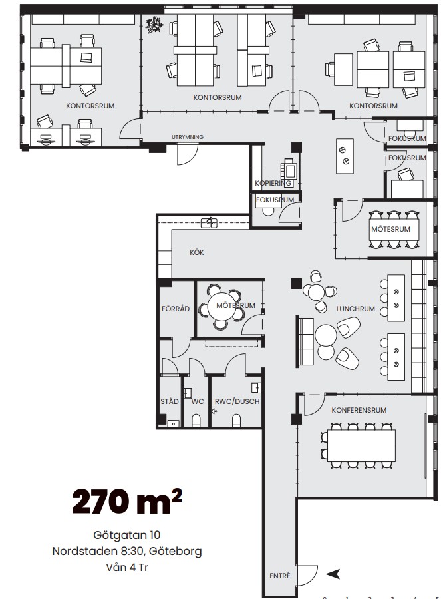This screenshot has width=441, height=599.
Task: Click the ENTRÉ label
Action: coord(279,576)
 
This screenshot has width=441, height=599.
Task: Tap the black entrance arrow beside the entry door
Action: coord(333,574)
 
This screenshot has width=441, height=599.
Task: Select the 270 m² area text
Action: coord(127,501)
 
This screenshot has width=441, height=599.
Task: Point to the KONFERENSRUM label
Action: coord(359,410)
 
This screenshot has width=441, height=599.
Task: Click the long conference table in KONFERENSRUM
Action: coord(362,445)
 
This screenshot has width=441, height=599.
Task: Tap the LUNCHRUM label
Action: coord(355,309)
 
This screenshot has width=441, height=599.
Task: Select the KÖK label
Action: coord(197,252)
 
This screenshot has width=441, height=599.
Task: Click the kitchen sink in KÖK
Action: coord(210,222)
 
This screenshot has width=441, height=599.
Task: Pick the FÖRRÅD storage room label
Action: coord(176,309)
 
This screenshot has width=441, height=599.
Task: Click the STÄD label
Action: coord(170,401)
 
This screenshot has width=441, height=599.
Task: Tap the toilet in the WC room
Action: coord(196,420)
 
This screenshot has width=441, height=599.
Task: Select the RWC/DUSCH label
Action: coord(237,401)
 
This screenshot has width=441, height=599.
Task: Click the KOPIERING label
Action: coord(273,183)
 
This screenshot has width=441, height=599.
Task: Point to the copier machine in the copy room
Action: coord(289,169)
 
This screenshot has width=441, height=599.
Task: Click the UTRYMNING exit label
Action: coord(188,136)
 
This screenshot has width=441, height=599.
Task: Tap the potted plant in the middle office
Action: coord(154,25)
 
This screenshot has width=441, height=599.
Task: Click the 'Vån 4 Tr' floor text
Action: coord(127,567)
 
